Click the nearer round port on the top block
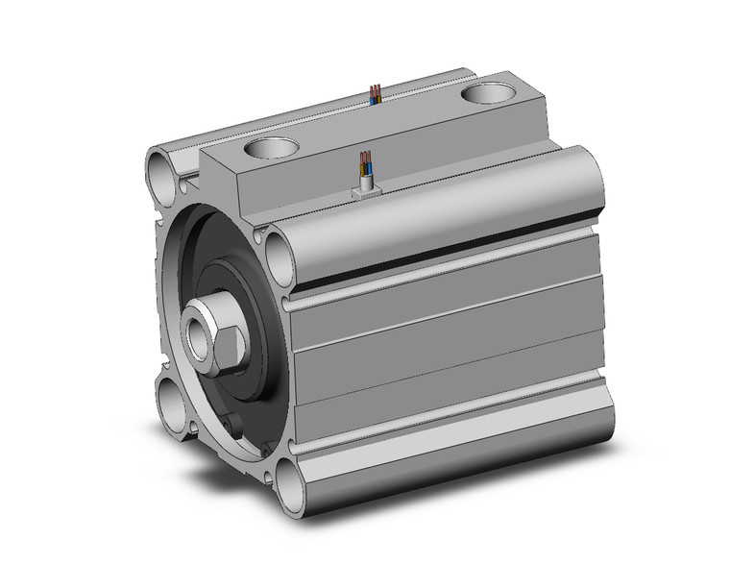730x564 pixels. [271, 150]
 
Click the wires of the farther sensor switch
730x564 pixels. [376, 94]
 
